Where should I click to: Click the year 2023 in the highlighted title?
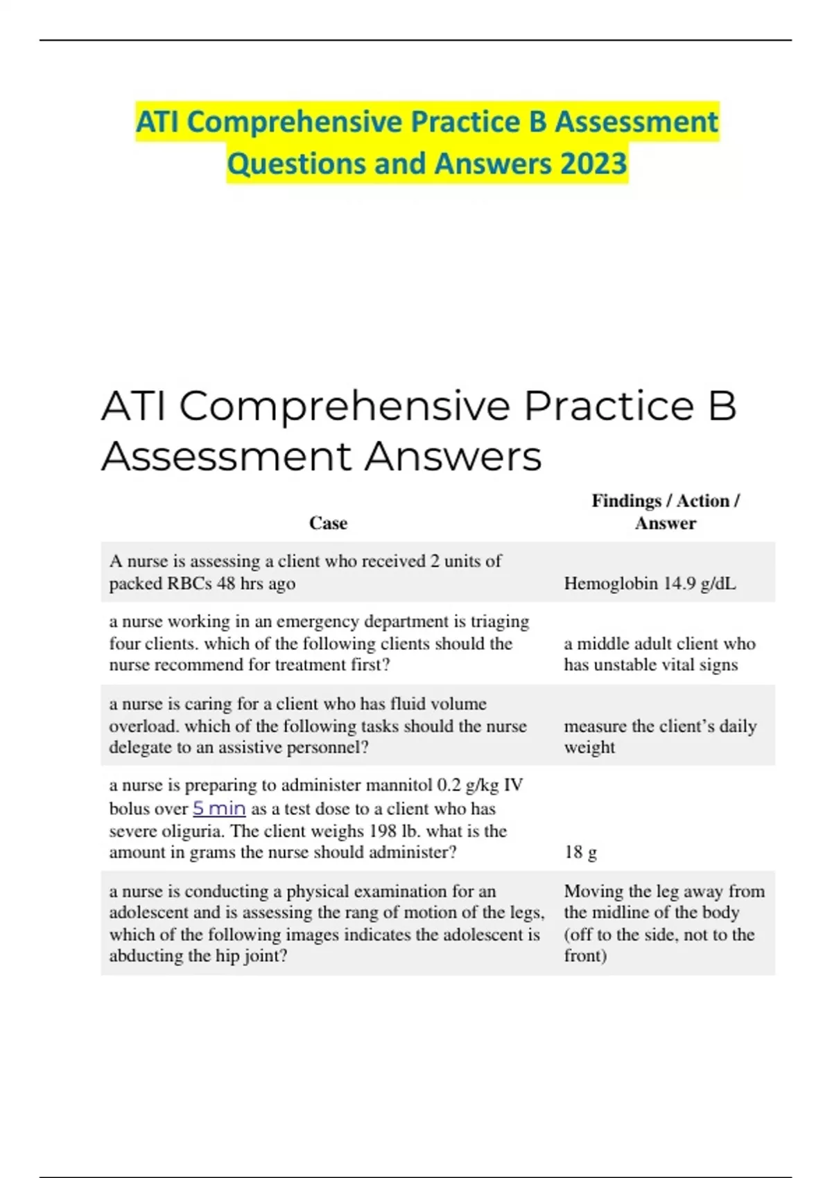point(593,164)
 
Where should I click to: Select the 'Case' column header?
point(328,523)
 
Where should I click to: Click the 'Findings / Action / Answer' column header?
point(666,512)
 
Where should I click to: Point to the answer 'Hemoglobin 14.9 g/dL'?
point(650,583)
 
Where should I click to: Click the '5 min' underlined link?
point(219,809)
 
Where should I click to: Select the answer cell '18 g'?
point(580,852)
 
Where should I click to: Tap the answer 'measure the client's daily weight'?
point(659,737)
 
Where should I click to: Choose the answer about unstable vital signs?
point(659,654)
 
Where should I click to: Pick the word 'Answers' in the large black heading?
point(453,457)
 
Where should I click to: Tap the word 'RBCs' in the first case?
point(189,583)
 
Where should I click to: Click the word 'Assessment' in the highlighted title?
point(636,122)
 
